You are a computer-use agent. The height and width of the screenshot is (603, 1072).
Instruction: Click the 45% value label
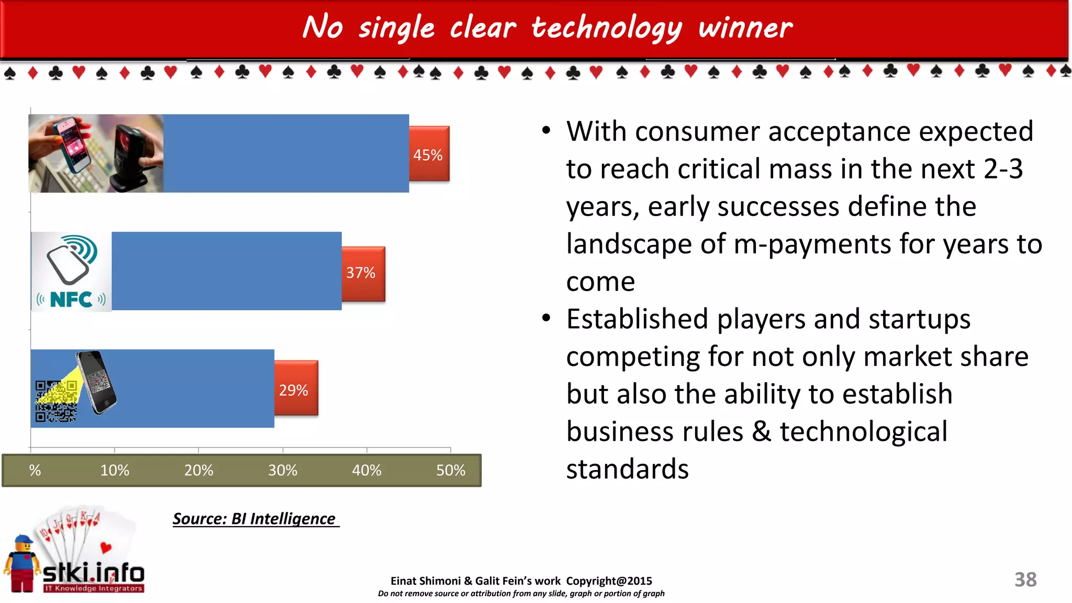(428, 155)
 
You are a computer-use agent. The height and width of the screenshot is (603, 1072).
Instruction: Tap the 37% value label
(361, 273)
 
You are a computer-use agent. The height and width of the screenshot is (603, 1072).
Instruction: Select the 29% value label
(294, 390)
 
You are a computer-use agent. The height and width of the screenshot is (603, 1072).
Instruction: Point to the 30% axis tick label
(283, 470)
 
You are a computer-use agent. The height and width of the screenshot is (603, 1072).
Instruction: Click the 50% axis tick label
(451, 470)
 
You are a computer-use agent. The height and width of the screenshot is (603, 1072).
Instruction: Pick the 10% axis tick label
(115, 470)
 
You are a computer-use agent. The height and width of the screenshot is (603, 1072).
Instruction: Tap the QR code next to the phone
(55, 401)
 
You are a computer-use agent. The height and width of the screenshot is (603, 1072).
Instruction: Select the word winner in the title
(745, 27)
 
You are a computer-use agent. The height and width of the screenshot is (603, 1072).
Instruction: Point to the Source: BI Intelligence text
(255, 519)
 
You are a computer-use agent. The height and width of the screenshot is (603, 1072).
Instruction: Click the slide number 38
(1025, 579)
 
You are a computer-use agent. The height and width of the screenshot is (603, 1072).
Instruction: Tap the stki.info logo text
(93, 574)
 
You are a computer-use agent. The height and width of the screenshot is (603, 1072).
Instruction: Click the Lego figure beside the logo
(22, 564)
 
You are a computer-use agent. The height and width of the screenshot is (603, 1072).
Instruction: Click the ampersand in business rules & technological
(761, 432)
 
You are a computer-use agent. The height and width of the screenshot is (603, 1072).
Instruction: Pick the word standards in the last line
(627, 469)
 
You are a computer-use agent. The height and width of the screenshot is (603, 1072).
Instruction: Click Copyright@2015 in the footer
(609, 581)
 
